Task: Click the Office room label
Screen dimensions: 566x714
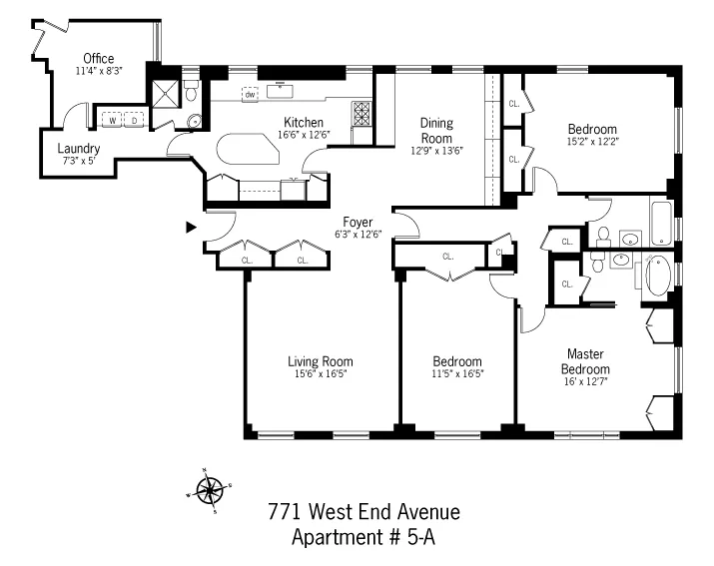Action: pyautogui.click(x=98, y=58)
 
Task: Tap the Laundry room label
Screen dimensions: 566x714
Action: pyautogui.click(x=76, y=148)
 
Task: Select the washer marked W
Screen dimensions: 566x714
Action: pyautogui.click(x=112, y=119)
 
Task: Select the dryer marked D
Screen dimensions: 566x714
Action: pyautogui.click(x=134, y=119)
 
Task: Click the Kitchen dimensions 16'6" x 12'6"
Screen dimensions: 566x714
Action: pyautogui.click(x=303, y=135)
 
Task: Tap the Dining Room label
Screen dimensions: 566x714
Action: pyautogui.click(x=435, y=131)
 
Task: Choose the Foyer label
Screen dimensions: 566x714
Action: pyautogui.click(x=357, y=222)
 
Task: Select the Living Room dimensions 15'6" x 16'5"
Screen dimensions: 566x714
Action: pyautogui.click(x=320, y=374)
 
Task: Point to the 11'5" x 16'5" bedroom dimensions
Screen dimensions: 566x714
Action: pyautogui.click(x=457, y=374)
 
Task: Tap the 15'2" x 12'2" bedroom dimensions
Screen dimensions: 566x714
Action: pyautogui.click(x=592, y=142)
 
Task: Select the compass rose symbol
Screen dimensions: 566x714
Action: pyautogui.click(x=209, y=489)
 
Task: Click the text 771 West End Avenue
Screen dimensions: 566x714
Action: pyautogui.click(x=363, y=512)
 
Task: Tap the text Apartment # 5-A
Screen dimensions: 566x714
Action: pyautogui.click(x=363, y=538)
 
